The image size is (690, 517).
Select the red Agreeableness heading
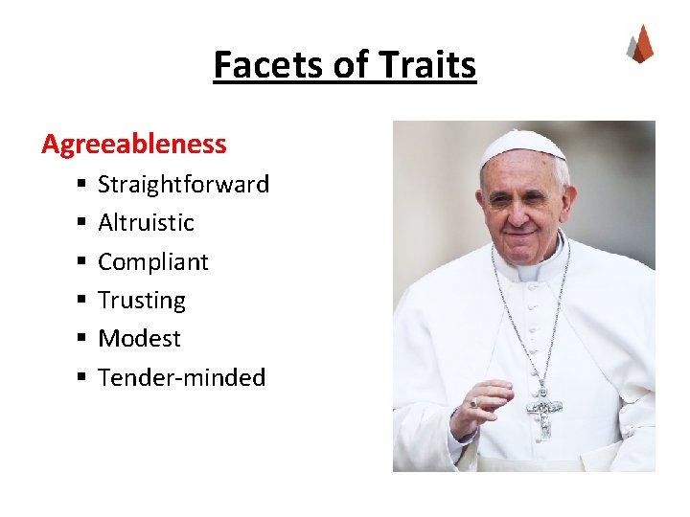point(134,145)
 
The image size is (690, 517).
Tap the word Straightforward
point(183,184)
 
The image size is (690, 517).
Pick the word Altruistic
point(146,222)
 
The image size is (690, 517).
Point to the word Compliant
point(152,261)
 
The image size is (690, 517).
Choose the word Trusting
point(142,300)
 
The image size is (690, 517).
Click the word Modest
point(139,338)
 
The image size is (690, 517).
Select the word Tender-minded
point(181,377)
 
